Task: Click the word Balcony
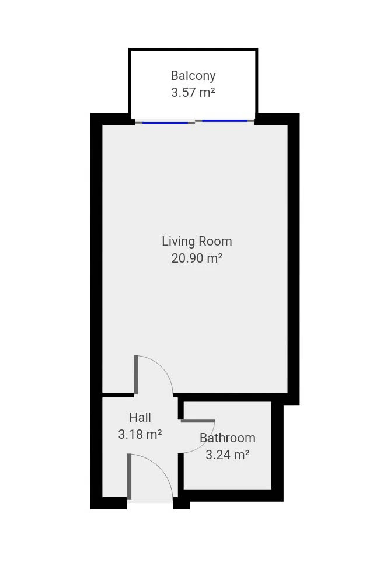[193, 76]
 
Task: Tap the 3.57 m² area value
[193, 92]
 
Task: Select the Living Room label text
[197, 242]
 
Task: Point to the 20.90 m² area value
[197, 258]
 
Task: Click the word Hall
[140, 418]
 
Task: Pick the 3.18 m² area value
[140, 434]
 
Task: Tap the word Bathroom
[228, 438]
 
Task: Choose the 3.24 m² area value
[228, 455]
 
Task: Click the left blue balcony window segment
[165, 123]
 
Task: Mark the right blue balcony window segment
[225, 121]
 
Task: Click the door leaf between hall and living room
[136, 375]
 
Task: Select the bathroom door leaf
[197, 421]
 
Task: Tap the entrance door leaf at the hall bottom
[129, 476]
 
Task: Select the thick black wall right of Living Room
[294, 259]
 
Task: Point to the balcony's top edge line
[193, 49]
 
